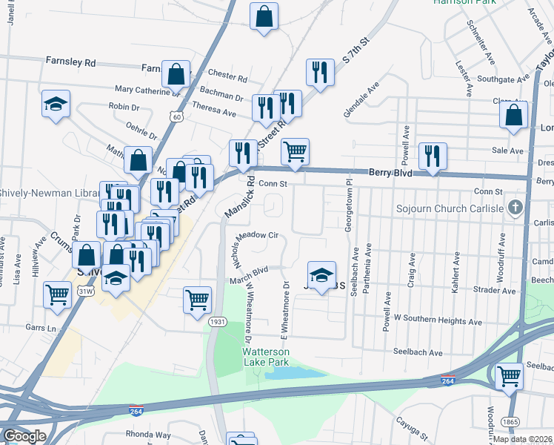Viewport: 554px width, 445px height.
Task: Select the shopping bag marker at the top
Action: (264, 16)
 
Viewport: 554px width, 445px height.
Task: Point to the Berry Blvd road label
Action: (390, 172)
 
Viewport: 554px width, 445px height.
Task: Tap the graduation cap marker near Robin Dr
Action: (56, 105)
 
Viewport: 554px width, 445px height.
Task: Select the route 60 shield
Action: (176, 116)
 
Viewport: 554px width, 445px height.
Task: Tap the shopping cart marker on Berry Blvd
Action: (296, 151)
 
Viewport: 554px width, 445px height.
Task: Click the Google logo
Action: (24, 435)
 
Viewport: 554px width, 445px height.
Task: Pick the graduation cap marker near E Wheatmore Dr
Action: (321, 275)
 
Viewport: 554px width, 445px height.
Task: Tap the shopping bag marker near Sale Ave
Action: (513, 116)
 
